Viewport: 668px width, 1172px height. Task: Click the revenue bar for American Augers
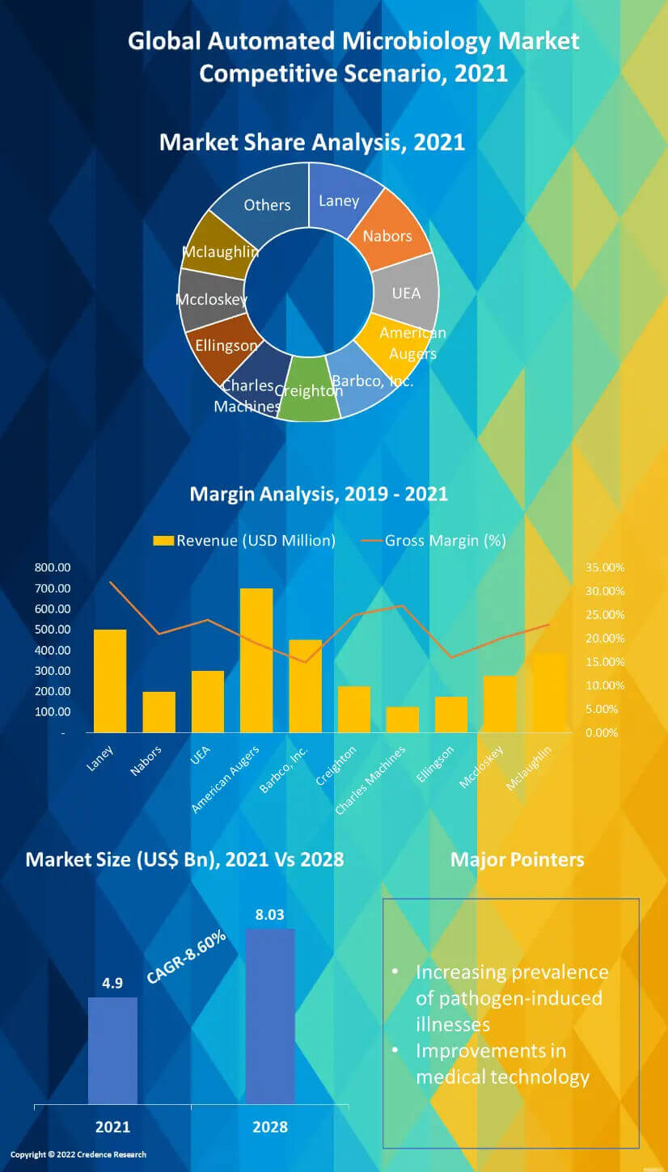[256, 660]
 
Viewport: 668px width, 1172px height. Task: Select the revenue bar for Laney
[110, 681]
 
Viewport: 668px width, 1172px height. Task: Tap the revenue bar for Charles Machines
[403, 719]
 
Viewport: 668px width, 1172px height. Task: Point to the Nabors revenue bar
[159, 711]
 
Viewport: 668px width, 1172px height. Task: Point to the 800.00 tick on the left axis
[53, 567]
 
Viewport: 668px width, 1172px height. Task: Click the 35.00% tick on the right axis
[605, 567]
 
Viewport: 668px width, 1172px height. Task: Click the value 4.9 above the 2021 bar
[112, 984]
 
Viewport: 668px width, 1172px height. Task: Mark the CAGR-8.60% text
[186, 958]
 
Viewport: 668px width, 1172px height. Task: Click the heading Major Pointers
[517, 859]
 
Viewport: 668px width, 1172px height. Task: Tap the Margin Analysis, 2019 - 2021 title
[319, 493]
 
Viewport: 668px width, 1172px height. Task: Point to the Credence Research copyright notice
[78, 1154]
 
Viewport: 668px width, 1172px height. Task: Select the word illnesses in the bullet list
[453, 1024]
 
